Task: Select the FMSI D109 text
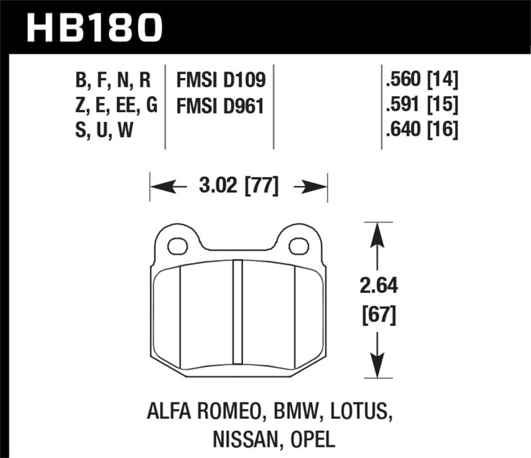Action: coord(221,81)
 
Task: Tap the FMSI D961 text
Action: coord(221,105)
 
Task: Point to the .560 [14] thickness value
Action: coord(421,81)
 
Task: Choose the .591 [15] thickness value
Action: coord(421,105)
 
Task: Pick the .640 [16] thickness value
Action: coord(421,130)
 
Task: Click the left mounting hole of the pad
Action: coord(177,247)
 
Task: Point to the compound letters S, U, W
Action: coord(106,130)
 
